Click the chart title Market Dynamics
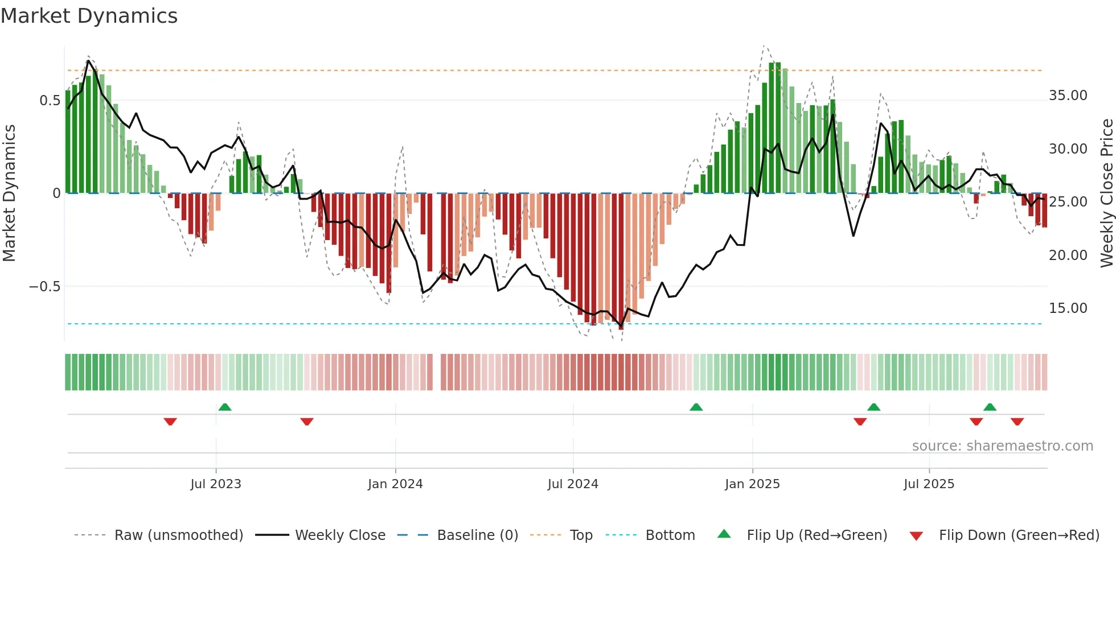tap(89, 16)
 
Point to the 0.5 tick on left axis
tap(50, 101)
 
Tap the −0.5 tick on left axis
tap(44, 286)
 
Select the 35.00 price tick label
tap(1068, 96)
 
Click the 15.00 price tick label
tap(1068, 308)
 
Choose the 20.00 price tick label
tap(1068, 255)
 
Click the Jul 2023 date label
tap(216, 484)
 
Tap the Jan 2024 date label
tap(395, 484)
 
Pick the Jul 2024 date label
tap(573, 484)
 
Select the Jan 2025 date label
tap(752, 484)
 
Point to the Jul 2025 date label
tap(929, 484)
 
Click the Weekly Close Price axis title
tap(1106, 193)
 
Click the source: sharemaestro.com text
tap(1002, 446)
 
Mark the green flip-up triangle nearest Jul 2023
tap(225, 407)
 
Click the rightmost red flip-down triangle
tap(1017, 422)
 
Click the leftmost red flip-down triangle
tap(170, 422)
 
